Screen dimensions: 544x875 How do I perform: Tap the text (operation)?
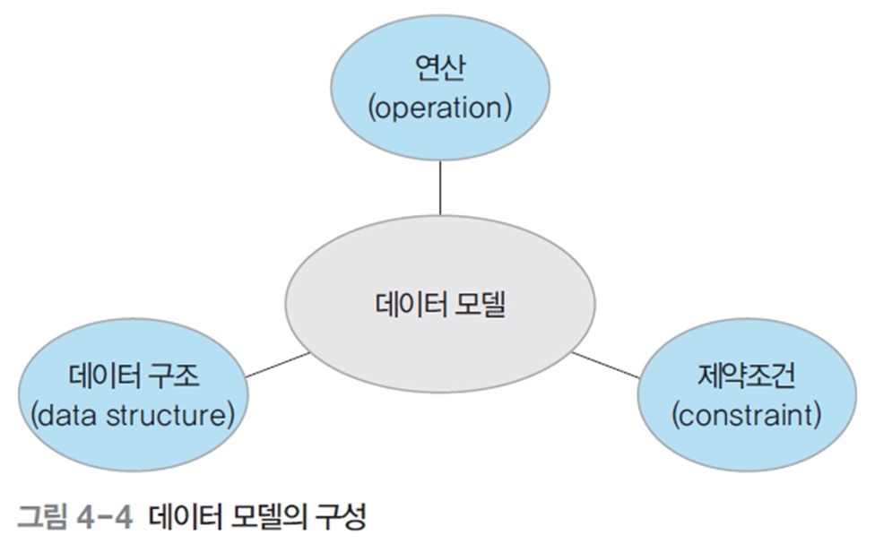[x=439, y=108]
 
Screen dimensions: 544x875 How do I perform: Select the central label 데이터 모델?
[x=439, y=305]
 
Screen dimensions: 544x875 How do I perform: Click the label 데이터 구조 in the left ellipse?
[x=133, y=376]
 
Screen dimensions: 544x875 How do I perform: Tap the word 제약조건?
[x=745, y=376]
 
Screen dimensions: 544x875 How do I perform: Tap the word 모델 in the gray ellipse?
[x=478, y=305]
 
